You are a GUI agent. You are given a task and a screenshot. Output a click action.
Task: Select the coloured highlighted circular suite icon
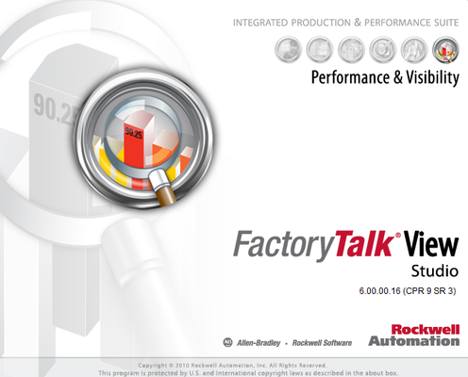click(444, 47)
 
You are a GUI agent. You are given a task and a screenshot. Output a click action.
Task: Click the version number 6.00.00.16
click(375, 291)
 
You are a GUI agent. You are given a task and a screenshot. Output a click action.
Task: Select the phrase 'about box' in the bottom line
click(387, 371)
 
